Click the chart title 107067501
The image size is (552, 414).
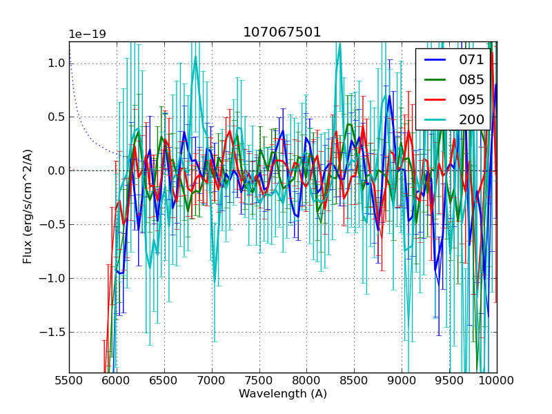tap(282, 32)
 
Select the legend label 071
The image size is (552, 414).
tap(471, 60)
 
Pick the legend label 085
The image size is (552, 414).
tap(471, 79)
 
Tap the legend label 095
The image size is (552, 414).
tap(471, 99)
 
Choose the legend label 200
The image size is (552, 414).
tap(471, 119)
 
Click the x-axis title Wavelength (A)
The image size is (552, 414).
tap(283, 394)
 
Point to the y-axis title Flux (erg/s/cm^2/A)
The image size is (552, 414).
tap(28, 206)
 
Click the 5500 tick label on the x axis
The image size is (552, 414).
tap(69, 380)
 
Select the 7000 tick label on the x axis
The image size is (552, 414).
tap(212, 380)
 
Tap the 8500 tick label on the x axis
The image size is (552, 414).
tap(355, 380)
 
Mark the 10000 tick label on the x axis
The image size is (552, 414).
tap(497, 380)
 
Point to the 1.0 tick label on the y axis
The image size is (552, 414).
tap(56, 63)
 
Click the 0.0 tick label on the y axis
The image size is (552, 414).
tap(56, 170)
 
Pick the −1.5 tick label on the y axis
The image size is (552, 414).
tap(53, 332)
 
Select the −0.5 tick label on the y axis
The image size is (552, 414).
tap(53, 224)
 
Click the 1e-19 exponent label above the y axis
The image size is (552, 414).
tap(87, 34)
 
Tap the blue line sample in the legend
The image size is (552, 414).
tap(435, 60)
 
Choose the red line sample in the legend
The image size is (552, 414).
tap(435, 99)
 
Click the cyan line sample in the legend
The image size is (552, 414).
tap(435, 119)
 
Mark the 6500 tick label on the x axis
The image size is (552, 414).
tap(164, 380)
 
